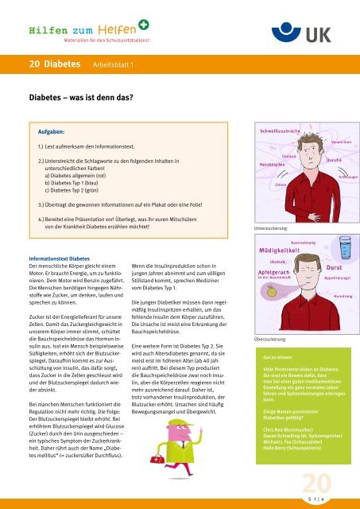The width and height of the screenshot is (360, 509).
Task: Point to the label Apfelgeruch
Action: (x=275, y=248)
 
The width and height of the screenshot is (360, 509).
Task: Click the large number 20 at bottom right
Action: (x=324, y=483)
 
